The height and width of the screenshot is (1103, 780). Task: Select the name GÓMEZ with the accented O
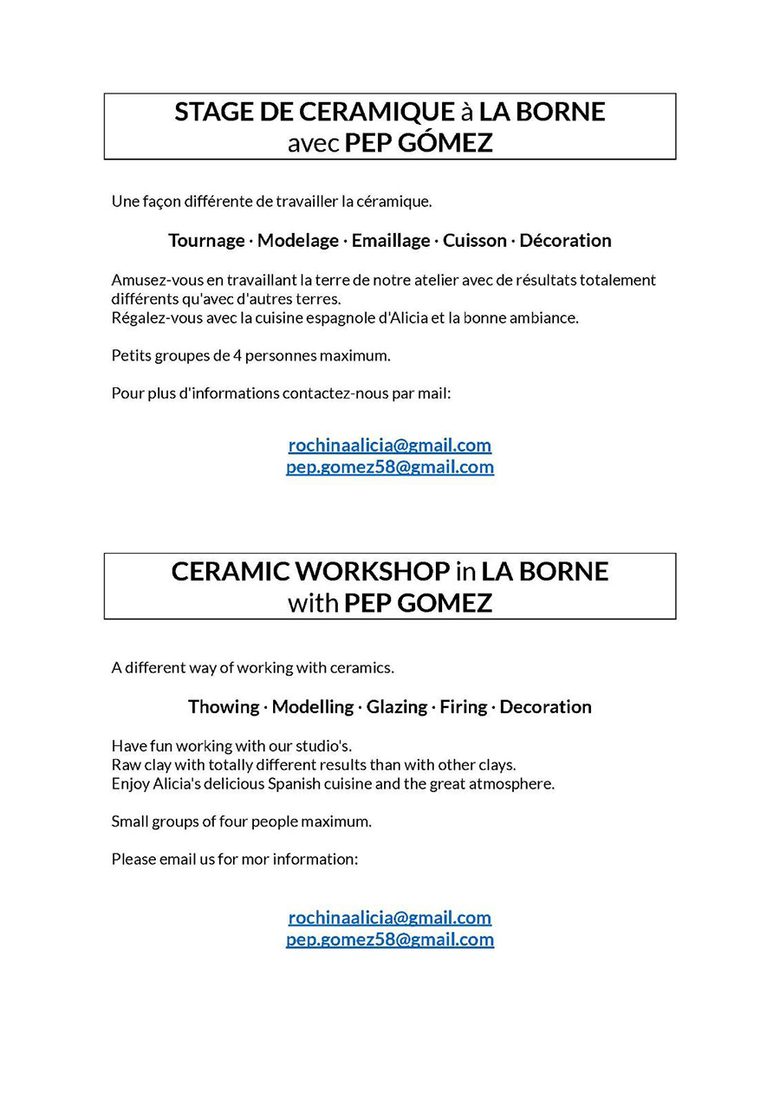445,142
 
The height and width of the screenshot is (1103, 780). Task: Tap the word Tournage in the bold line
206,241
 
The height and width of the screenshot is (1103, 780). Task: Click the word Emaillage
391,241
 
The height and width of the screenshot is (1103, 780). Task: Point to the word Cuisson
475,241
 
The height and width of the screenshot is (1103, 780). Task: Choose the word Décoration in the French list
565,241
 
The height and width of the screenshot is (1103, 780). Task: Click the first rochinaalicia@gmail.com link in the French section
390,445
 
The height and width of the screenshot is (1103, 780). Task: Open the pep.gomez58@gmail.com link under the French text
390,467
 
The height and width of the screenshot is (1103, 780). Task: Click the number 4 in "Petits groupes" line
237,355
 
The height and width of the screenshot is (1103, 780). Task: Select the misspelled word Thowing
223,707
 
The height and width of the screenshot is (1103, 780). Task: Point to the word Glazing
396,707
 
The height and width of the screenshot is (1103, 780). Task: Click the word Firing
463,707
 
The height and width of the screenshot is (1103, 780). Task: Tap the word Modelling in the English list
312,707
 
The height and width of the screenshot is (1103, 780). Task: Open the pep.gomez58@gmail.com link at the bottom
390,939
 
